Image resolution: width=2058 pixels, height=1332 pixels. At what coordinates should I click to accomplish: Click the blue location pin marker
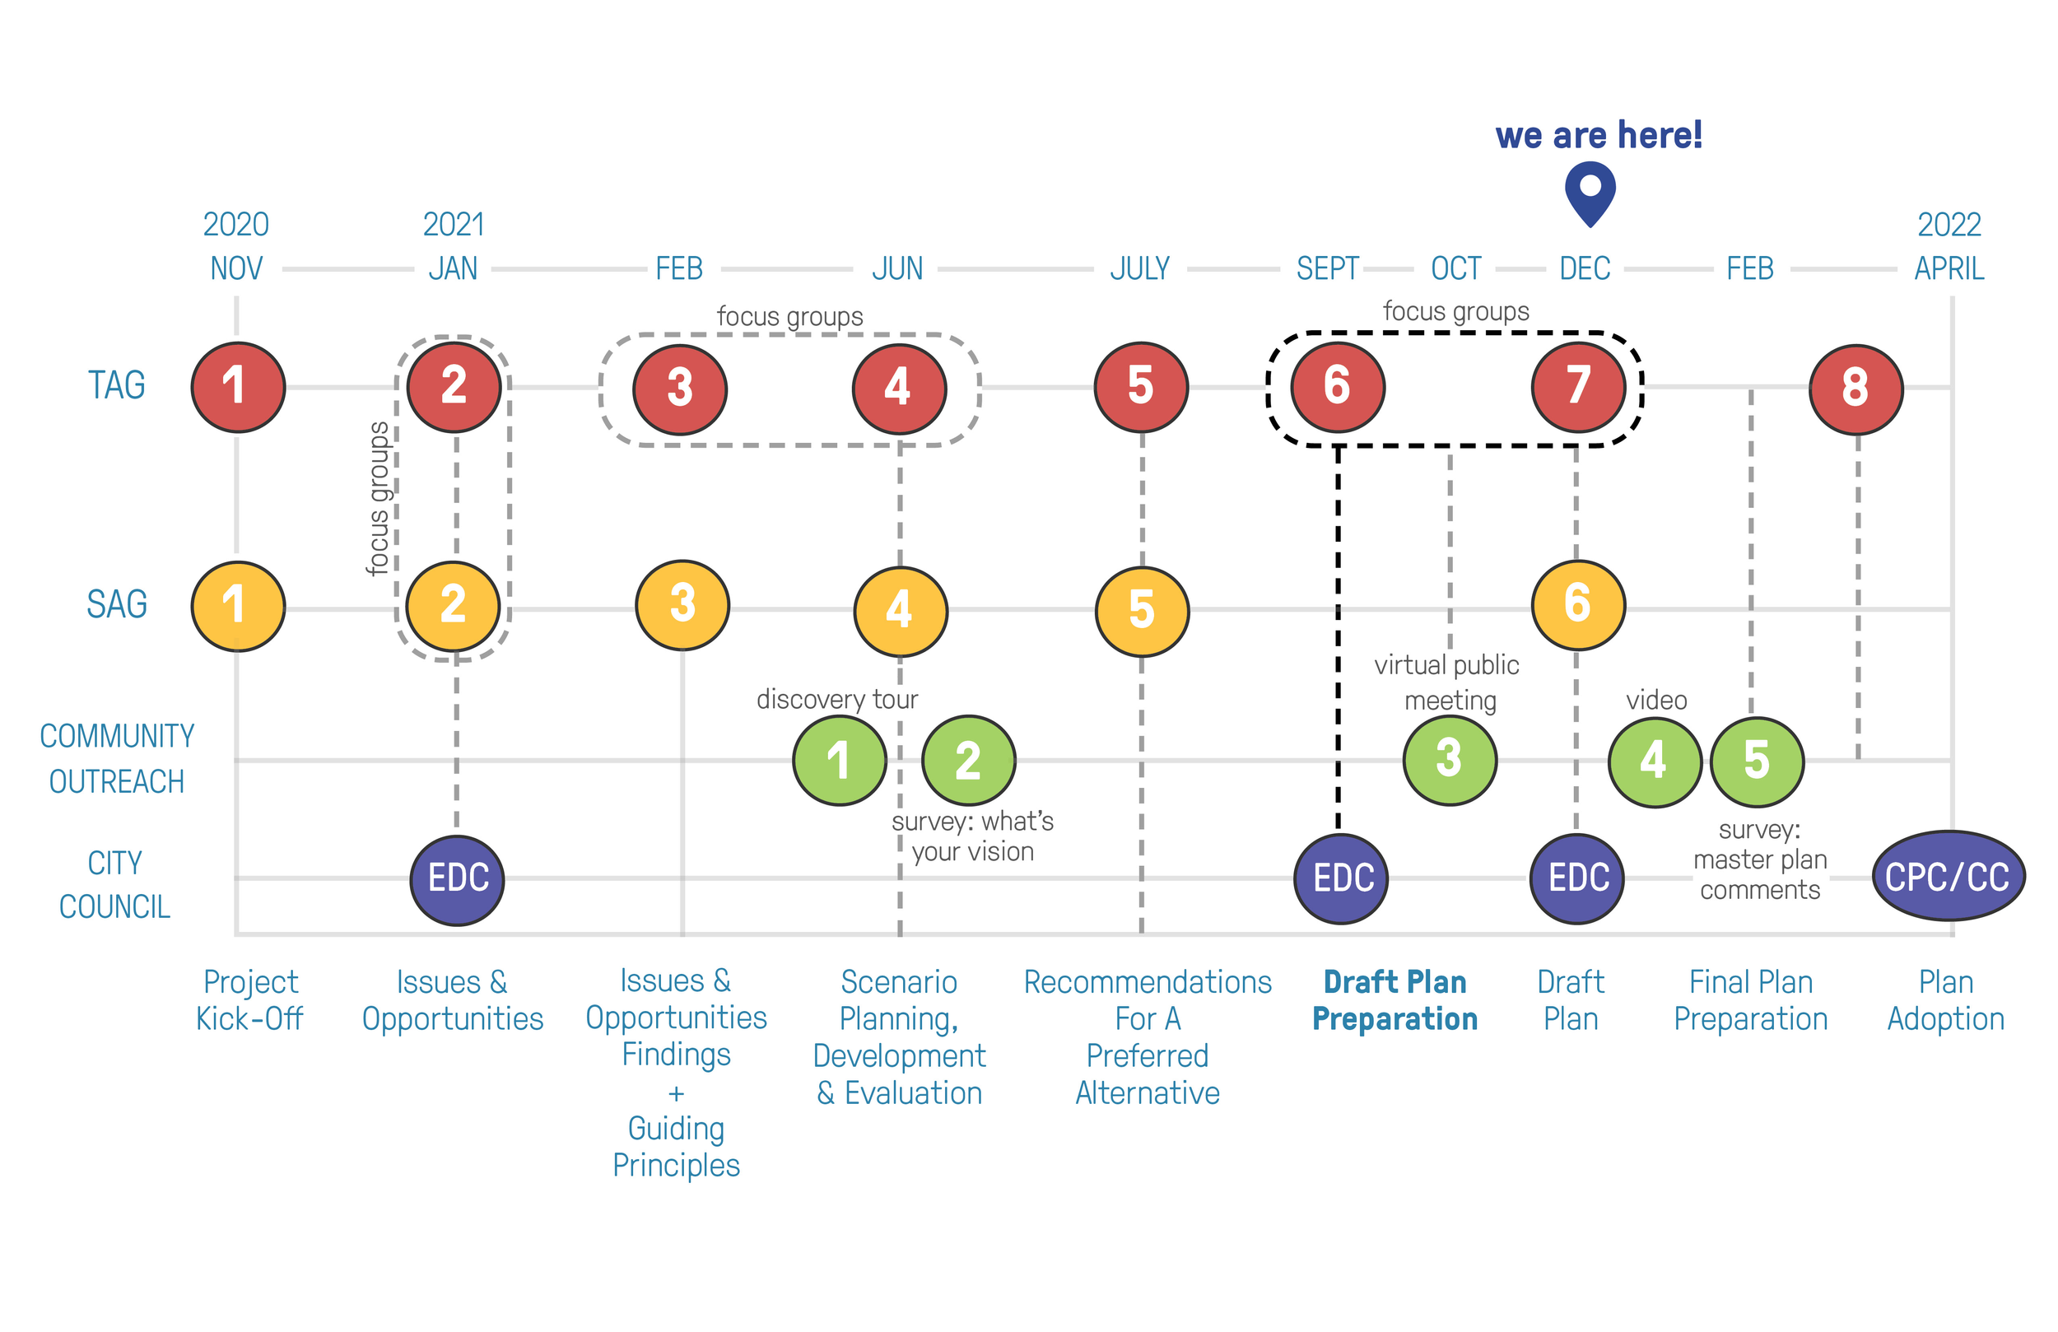(1590, 192)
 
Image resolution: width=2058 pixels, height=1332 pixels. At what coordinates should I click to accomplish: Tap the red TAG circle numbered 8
(1855, 389)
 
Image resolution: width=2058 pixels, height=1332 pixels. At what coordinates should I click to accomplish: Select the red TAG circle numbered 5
(1141, 387)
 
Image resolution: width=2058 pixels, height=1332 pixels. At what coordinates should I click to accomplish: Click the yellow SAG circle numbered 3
(682, 604)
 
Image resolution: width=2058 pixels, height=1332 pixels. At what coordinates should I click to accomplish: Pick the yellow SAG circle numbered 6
(1577, 604)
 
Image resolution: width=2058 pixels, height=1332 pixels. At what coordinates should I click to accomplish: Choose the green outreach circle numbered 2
(968, 761)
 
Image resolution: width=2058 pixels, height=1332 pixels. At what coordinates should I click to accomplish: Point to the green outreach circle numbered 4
(1654, 761)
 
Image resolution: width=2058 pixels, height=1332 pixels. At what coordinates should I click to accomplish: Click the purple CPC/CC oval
(1948, 877)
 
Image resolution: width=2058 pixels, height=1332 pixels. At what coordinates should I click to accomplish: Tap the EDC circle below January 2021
(458, 880)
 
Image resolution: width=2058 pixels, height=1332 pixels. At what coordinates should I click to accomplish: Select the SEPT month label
(1327, 269)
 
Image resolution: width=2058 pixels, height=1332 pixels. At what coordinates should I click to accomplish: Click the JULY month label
(1139, 269)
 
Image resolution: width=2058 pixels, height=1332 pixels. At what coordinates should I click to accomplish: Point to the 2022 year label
(1949, 225)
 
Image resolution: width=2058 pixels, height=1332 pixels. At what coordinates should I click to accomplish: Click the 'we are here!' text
(1598, 136)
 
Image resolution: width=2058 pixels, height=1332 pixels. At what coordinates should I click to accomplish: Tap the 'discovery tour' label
(836, 699)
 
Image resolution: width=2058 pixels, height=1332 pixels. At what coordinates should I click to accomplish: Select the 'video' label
(1656, 700)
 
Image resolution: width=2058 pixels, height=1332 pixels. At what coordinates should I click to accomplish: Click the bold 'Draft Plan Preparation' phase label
(1395, 1001)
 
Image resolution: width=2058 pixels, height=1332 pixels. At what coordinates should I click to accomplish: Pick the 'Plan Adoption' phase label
(1945, 1001)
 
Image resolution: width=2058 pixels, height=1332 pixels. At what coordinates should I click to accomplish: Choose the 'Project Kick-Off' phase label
(250, 1001)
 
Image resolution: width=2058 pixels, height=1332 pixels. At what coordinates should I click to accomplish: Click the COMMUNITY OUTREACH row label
(117, 758)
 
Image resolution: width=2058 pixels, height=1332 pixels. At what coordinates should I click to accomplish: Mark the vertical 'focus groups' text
(378, 498)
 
